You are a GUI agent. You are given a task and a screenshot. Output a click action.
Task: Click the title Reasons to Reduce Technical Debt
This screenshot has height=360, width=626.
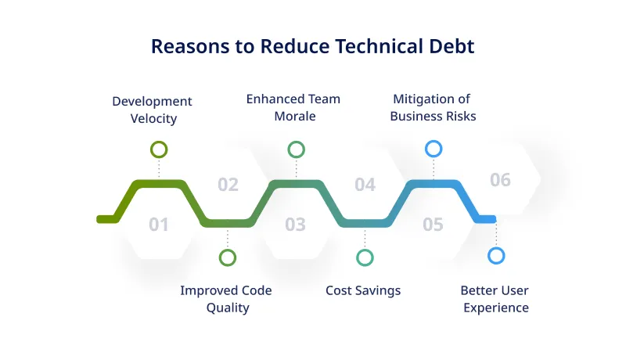tap(312, 46)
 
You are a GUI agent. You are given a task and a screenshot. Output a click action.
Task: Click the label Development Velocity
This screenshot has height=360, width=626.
tap(152, 110)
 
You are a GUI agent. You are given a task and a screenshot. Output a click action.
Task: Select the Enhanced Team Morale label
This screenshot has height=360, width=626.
tap(293, 107)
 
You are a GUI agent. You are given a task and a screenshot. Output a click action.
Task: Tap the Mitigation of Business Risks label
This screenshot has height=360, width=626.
tap(433, 107)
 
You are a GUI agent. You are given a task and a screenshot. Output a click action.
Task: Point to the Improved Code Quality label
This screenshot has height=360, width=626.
tap(226, 299)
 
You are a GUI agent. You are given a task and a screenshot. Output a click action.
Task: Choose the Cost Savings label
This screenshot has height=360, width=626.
tap(362, 290)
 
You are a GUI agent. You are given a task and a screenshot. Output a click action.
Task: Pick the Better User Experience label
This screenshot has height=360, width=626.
tap(495, 299)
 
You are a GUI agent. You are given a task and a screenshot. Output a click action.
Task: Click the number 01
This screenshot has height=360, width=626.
tap(159, 225)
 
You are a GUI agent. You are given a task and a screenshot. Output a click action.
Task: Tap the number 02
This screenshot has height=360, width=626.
tap(228, 185)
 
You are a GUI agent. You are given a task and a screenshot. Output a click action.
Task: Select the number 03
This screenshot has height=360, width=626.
tap(295, 225)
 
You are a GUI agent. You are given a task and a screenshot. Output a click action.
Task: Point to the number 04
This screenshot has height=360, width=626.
tap(365, 185)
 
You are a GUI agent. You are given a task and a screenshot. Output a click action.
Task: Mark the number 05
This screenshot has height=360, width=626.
tap(433, 225)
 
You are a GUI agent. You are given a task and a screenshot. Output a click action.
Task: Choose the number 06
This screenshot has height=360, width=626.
tap(500, 180)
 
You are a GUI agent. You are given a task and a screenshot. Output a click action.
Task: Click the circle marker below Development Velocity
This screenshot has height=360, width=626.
tap(159, 149)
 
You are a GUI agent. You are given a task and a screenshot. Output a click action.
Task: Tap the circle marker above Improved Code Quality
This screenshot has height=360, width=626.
tap(228, 257)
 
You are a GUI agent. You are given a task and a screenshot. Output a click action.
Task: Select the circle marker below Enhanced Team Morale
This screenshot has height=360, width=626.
tap(296, 149)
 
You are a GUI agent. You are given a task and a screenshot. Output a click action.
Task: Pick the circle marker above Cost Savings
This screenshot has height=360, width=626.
tap(365, 257)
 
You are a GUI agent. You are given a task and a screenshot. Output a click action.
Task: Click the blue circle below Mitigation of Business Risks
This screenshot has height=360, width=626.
tap(434, 149)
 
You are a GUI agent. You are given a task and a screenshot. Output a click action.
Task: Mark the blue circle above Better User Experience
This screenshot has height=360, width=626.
tap(496, 255)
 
